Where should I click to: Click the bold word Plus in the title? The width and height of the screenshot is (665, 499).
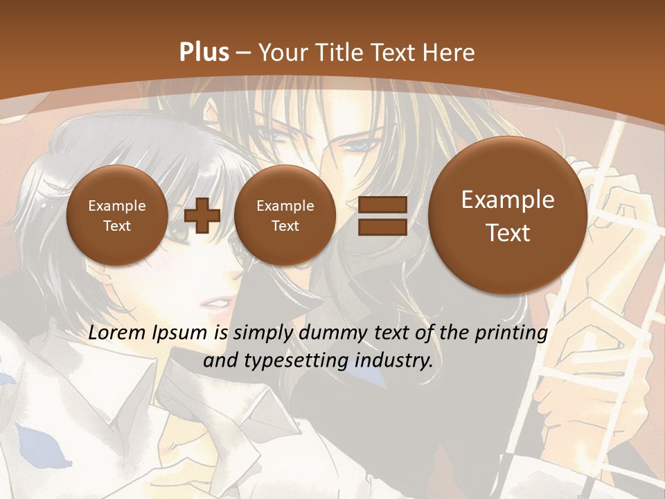point(204,53)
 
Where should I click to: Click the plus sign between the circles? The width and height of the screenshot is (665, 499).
point(202,216)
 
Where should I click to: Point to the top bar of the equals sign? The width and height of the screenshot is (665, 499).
point(382,204)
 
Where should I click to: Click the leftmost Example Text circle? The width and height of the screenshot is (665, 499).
point(116,216)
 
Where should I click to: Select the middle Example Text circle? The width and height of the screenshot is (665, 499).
point(285,216)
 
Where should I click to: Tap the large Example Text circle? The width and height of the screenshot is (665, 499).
point(508,216)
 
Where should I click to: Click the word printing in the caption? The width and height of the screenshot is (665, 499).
point(512,334)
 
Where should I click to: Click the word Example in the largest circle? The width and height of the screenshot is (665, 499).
point(508,200)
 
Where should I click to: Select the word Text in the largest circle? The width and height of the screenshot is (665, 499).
point(508,233)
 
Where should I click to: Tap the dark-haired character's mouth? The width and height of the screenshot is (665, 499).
point(215,302)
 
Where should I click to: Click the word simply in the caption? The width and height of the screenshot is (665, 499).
point(265,334)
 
